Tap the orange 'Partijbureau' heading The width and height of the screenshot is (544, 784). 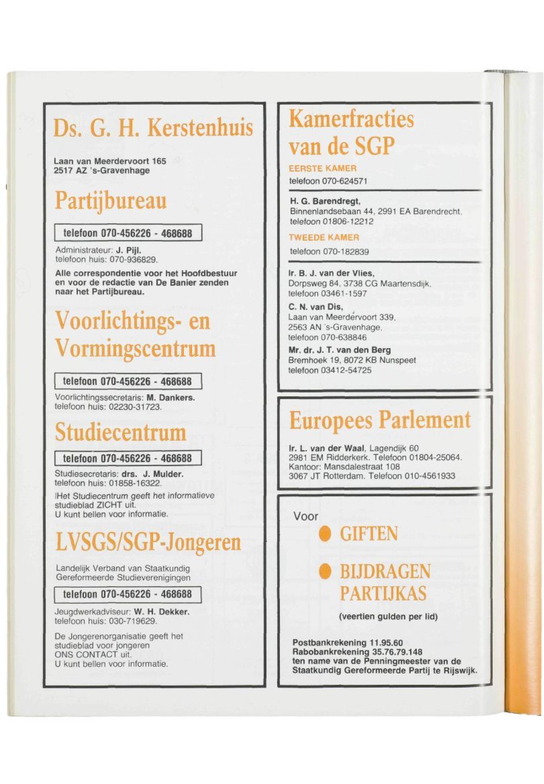pos(111,201)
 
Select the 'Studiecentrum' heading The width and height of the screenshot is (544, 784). pos(121,433)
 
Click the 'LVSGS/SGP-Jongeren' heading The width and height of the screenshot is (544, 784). pos(148,543)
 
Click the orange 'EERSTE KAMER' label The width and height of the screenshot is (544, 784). pos(323,168)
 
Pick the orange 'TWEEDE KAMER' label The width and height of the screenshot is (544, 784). pos(324,238)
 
